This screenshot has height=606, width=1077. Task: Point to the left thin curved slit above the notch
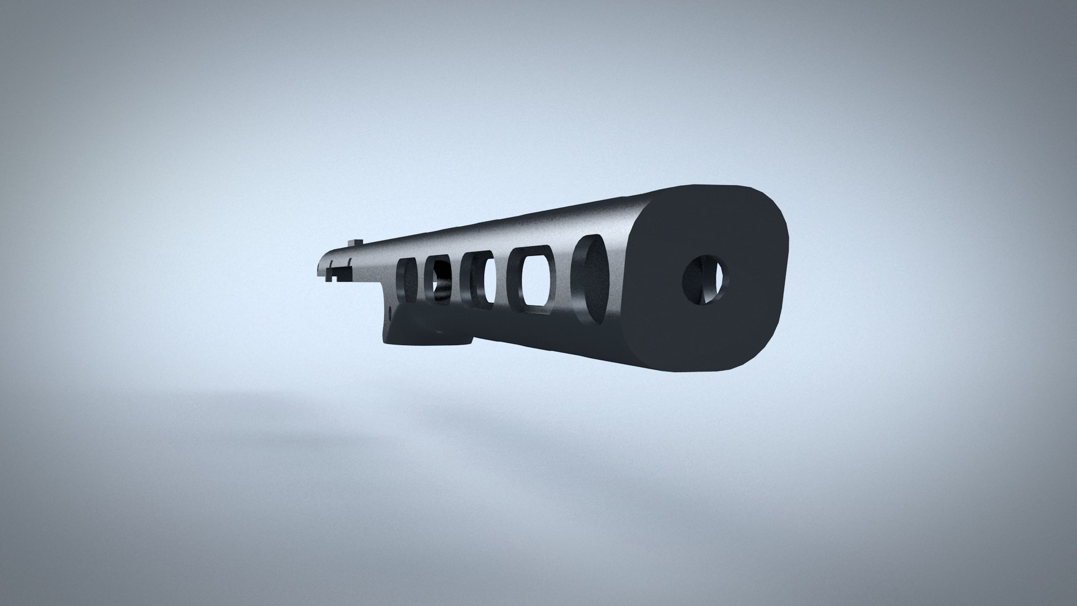(x=331, y=264)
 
